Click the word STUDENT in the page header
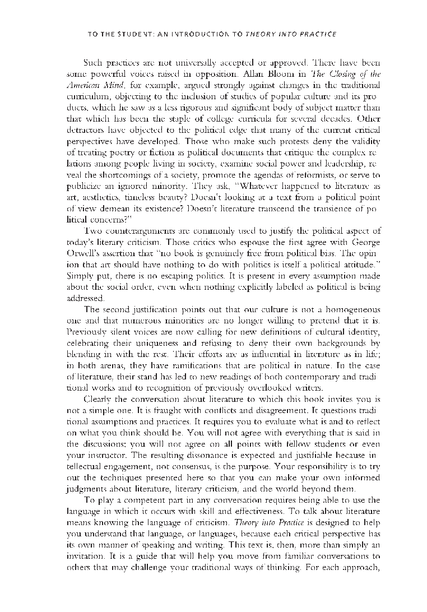[131, 34]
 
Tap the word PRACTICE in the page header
[315, 34]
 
